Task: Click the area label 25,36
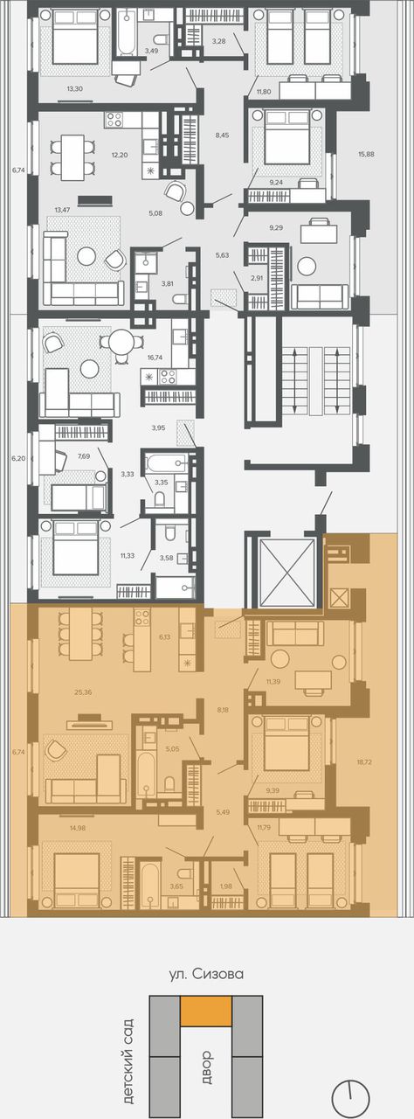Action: click(x=83, y=692)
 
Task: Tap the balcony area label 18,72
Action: click(x=364, y=762)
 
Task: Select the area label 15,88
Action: click(x=366, y=155)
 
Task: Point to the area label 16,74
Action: click(x=155, y=358)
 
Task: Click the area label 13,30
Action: click(x=74, y=88)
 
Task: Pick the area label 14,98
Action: click(x=79, y=828)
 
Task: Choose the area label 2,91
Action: click(x=257, y=279)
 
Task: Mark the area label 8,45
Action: click(x=222, y=135)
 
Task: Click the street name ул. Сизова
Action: click(x=206, y=974)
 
